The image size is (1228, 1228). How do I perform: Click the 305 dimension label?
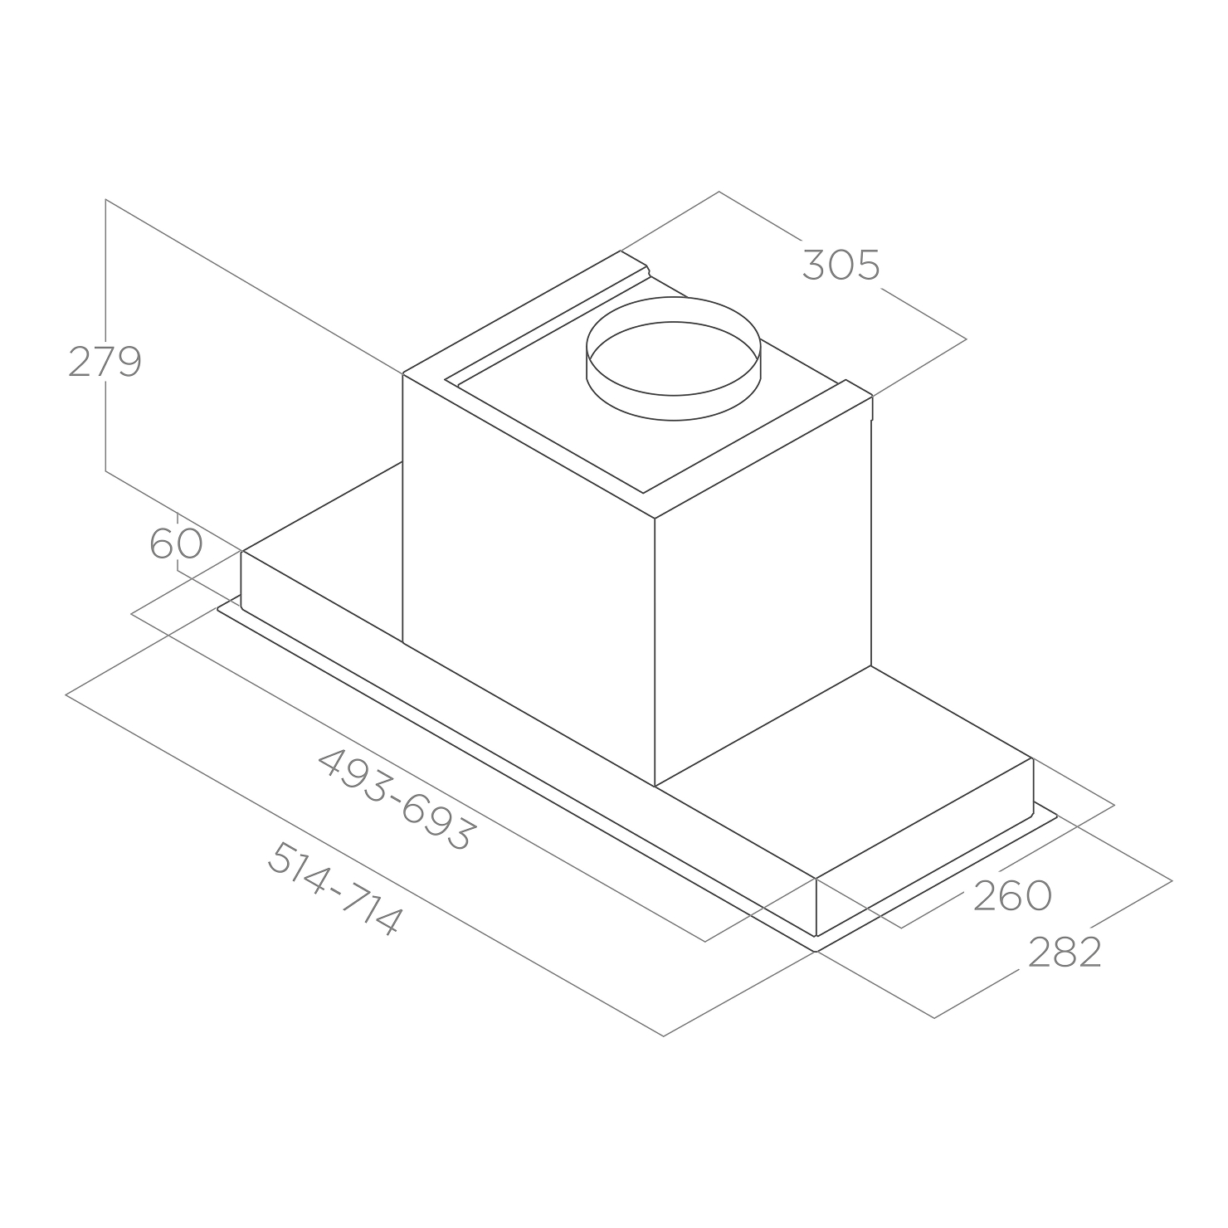[x=841, y=266]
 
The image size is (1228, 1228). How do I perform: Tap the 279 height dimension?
[x=105, y=362]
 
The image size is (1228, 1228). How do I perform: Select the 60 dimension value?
[x=176, y=544]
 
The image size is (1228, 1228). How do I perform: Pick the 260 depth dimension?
[x=1012, y=895]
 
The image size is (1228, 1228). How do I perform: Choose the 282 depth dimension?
[x=1065, y=953]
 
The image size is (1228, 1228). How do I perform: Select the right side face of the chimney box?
[x=763, y=589]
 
